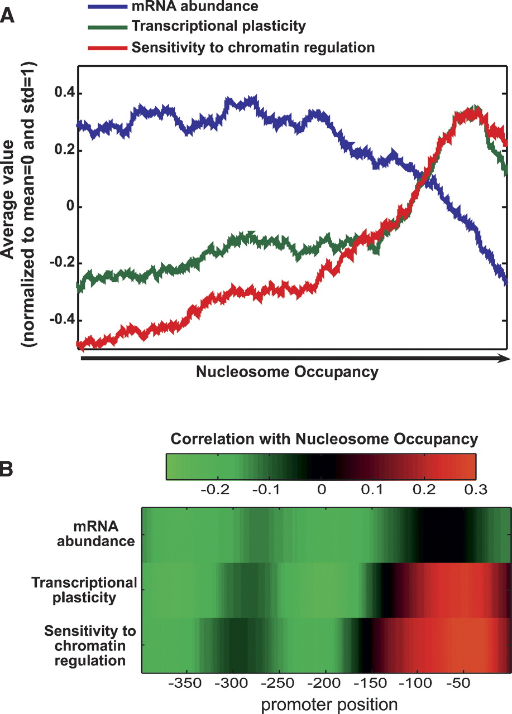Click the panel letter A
pos(8,14)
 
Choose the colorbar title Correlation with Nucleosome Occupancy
pos(324,440)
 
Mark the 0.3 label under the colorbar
pos(475,490)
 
